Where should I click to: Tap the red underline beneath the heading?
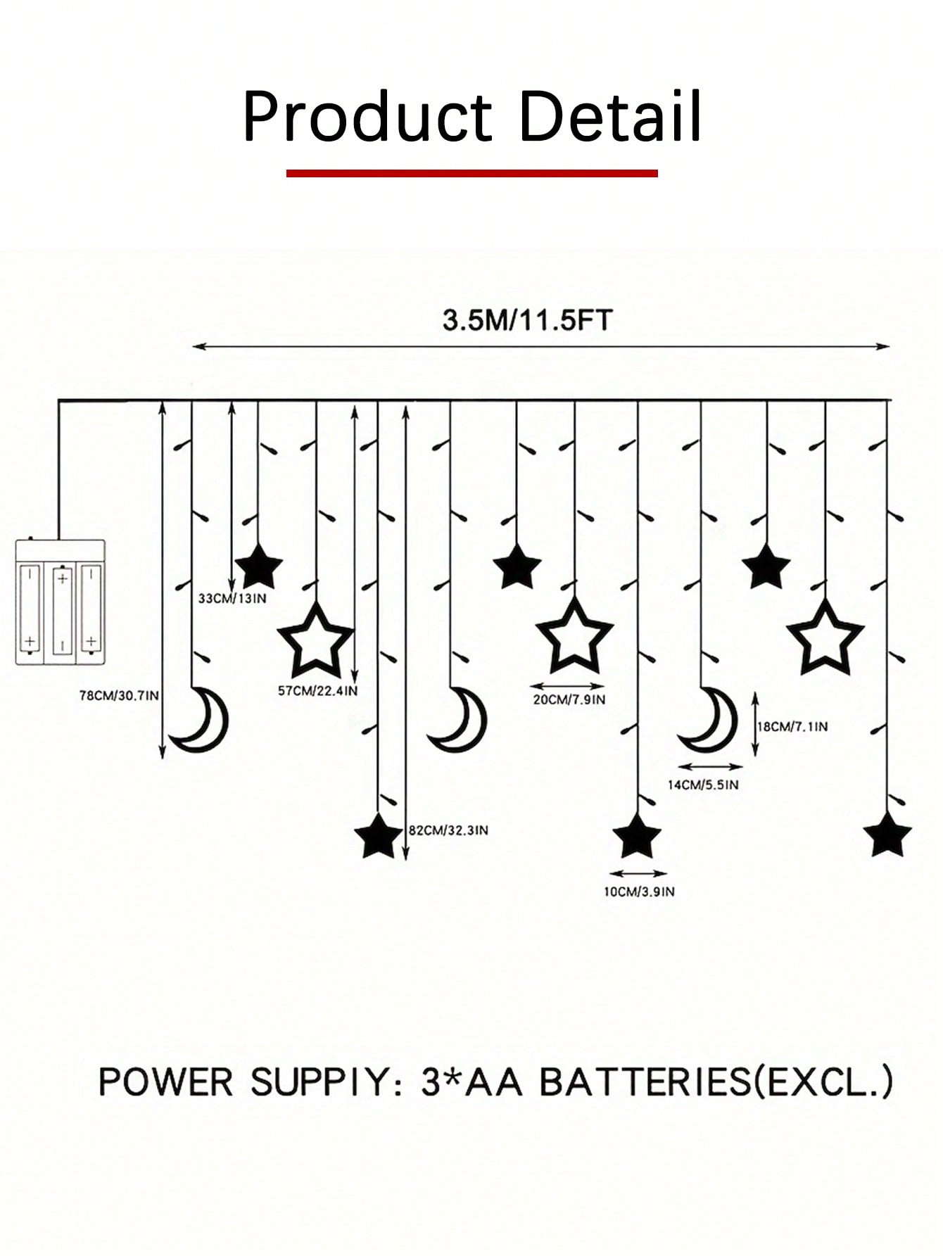point(471,172)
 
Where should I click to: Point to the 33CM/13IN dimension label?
point(232,599)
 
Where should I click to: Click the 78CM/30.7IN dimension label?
point(119,696)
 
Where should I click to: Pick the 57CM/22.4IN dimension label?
point(317,691)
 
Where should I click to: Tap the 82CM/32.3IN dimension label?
point(449,830)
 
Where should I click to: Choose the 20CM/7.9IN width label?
point(569,699)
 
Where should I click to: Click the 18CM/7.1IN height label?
point(792,726)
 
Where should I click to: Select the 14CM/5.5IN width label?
point(703,785)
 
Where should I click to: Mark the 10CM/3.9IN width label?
point(639,892)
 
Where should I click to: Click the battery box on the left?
point(61,602)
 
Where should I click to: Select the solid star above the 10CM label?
point(637,836)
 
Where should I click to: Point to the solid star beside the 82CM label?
point(379,836)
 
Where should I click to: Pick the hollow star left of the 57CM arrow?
point(315,639)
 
